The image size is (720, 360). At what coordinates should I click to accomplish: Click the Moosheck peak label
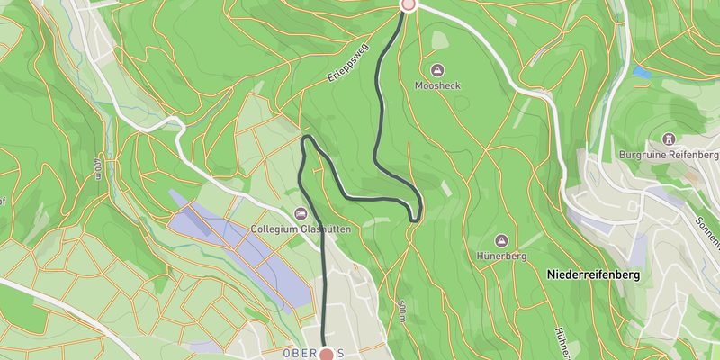tap(437, 85)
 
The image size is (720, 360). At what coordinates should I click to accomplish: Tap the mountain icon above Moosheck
tap(437, 70)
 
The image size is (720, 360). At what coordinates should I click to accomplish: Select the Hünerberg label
tap(501, 256)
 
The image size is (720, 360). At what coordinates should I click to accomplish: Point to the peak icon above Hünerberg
tap(501, 240)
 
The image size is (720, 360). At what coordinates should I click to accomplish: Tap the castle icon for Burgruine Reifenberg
tap(670, 139)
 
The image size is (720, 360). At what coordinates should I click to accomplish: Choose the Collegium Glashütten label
tap(301, 229)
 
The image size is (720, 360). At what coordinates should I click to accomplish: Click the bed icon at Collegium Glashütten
tap(301, 214)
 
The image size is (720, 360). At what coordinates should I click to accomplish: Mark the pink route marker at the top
tap(408, 4)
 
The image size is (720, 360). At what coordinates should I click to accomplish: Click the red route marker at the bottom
tap(326, 355)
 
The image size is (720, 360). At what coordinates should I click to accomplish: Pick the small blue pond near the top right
tap(641, 71)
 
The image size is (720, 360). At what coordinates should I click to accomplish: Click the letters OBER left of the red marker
tap(300, 353)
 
